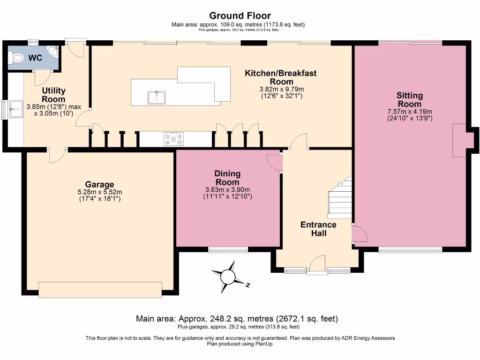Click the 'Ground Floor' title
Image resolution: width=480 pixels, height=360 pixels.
tap(240, 16)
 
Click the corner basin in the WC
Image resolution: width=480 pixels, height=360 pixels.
tap(53, 49)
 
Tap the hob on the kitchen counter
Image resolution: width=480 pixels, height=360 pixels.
tap(173, 139)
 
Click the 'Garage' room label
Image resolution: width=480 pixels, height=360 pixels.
tap(99, 184)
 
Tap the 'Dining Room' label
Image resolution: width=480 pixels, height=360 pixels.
tap(227, 178)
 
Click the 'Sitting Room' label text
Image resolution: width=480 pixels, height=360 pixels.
tap(409, 100)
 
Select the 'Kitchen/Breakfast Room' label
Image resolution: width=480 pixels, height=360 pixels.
tap(281, 77)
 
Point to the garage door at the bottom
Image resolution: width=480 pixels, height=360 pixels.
tap(100, 290)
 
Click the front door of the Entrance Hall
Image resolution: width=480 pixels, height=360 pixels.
tap(317, 264)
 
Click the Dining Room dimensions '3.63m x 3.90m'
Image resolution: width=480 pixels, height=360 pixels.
tap(227, 190)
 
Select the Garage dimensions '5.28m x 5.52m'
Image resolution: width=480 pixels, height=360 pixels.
tap(99, 192)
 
